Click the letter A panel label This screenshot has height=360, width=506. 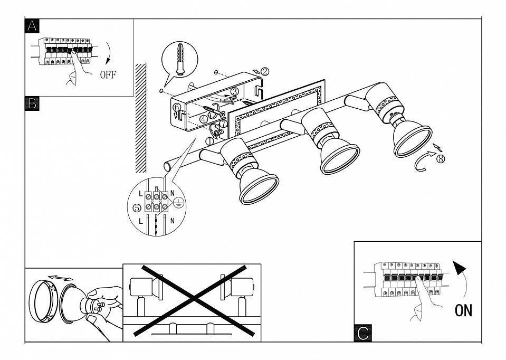coord(32,26)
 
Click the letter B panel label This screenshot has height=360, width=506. coord(32,104)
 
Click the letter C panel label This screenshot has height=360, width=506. coord(362,333)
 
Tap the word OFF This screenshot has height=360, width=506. coord(108,74)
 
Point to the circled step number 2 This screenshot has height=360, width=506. coord(265,71)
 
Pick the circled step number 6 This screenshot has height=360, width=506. coord(177,107)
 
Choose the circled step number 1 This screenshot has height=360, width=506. coord(210,141)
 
